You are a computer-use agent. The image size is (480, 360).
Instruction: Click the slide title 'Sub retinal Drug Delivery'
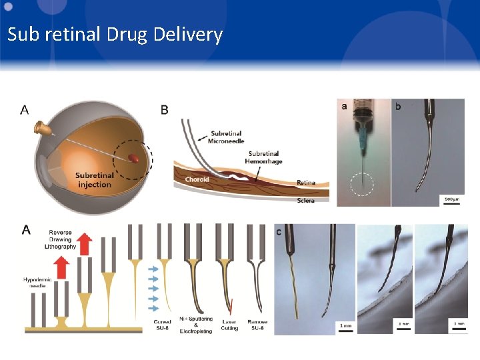click(115, 35)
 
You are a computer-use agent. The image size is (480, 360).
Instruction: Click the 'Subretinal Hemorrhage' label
click(261, 157)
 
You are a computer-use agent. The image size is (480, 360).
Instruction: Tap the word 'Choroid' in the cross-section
click(197, 179)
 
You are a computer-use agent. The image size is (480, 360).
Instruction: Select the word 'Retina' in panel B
click(306, 183)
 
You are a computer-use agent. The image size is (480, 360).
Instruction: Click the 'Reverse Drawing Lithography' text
click(60, 240)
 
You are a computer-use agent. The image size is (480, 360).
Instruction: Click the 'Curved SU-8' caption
click(163, 325)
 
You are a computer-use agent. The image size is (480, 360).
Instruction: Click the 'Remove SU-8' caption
click(258, 325)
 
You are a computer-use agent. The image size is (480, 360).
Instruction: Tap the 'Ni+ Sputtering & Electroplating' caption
click(195, 327)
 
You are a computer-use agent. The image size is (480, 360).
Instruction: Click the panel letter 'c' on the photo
click(278, 231)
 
